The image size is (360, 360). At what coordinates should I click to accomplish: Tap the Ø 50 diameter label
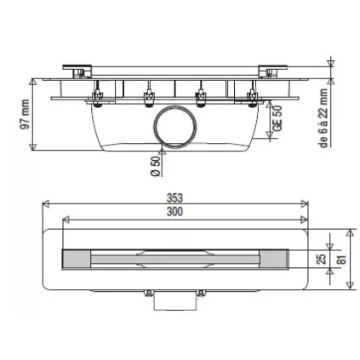click(156, 163)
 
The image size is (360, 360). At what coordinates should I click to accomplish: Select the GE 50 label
click(277, 117)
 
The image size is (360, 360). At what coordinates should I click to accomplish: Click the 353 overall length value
click(175, 197)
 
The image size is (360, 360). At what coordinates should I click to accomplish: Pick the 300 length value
click(175, 212)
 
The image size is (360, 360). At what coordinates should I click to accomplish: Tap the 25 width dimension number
click(322, 258)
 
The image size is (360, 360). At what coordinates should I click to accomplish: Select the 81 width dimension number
click(342, 258)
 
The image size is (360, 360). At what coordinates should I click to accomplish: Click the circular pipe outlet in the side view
click(175, 130)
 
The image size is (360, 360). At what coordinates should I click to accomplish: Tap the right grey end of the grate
click(276, 258)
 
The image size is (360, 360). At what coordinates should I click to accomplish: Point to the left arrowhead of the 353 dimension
click(46, 204)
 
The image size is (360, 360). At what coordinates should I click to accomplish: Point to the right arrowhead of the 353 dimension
click(306, 204)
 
